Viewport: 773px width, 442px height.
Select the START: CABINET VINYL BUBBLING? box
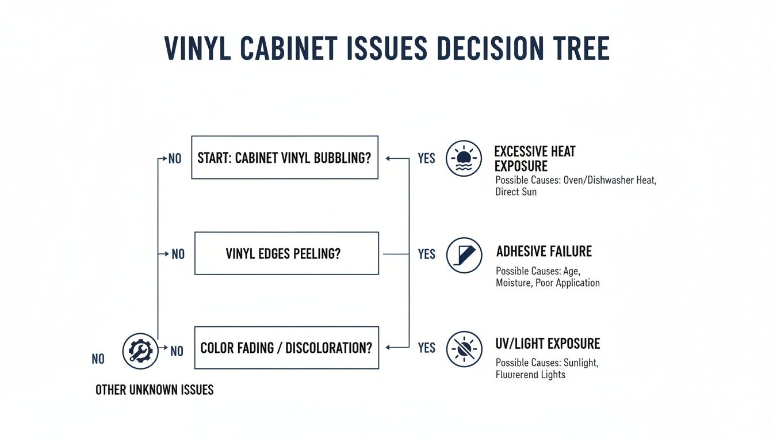click(284, 157)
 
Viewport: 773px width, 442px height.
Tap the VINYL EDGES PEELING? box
click(286, 253)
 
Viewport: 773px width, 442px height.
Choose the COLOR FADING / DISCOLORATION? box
click(286, 348)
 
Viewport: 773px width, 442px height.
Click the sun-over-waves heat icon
click(464, 158)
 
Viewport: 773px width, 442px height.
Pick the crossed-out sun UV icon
click(464, 349)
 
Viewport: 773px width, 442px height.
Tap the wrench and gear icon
click(140, 350)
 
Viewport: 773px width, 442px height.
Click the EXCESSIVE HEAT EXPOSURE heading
click(534, 158)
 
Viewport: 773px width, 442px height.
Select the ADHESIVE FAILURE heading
click(544, 252)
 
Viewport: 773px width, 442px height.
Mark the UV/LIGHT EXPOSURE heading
click(548, 344)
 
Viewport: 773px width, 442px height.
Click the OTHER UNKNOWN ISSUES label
click(154, 390)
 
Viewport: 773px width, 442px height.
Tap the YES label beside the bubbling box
click(426, 158)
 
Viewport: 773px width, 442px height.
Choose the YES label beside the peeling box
click(426, 254)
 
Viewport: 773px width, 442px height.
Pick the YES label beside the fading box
click(426, 348)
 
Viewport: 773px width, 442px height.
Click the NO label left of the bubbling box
click(175, 158)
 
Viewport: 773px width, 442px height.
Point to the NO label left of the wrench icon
click(98, 359)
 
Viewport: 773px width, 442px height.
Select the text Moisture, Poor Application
click(548, 283)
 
